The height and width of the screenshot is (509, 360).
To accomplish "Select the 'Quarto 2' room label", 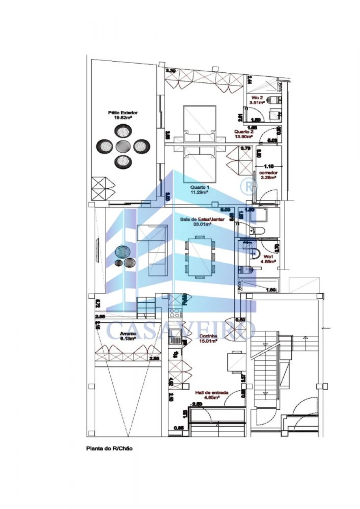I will click(244, 134).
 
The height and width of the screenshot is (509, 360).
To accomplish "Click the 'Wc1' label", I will click(268, 257).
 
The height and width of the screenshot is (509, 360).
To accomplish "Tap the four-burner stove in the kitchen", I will click(175, 313).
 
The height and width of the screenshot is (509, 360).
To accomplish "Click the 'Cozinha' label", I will click(208, 338).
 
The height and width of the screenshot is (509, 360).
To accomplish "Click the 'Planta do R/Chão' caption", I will click(110, 449).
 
